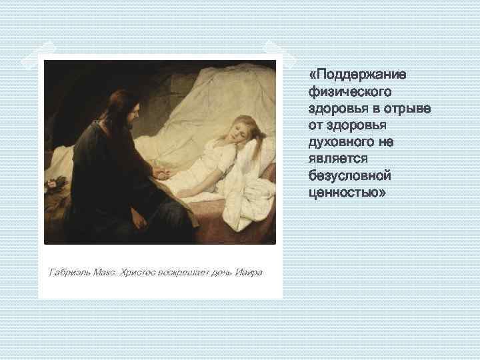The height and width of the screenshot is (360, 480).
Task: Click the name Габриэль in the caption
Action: coord(69,273)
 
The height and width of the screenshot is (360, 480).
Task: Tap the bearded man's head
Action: coord(120,110)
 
